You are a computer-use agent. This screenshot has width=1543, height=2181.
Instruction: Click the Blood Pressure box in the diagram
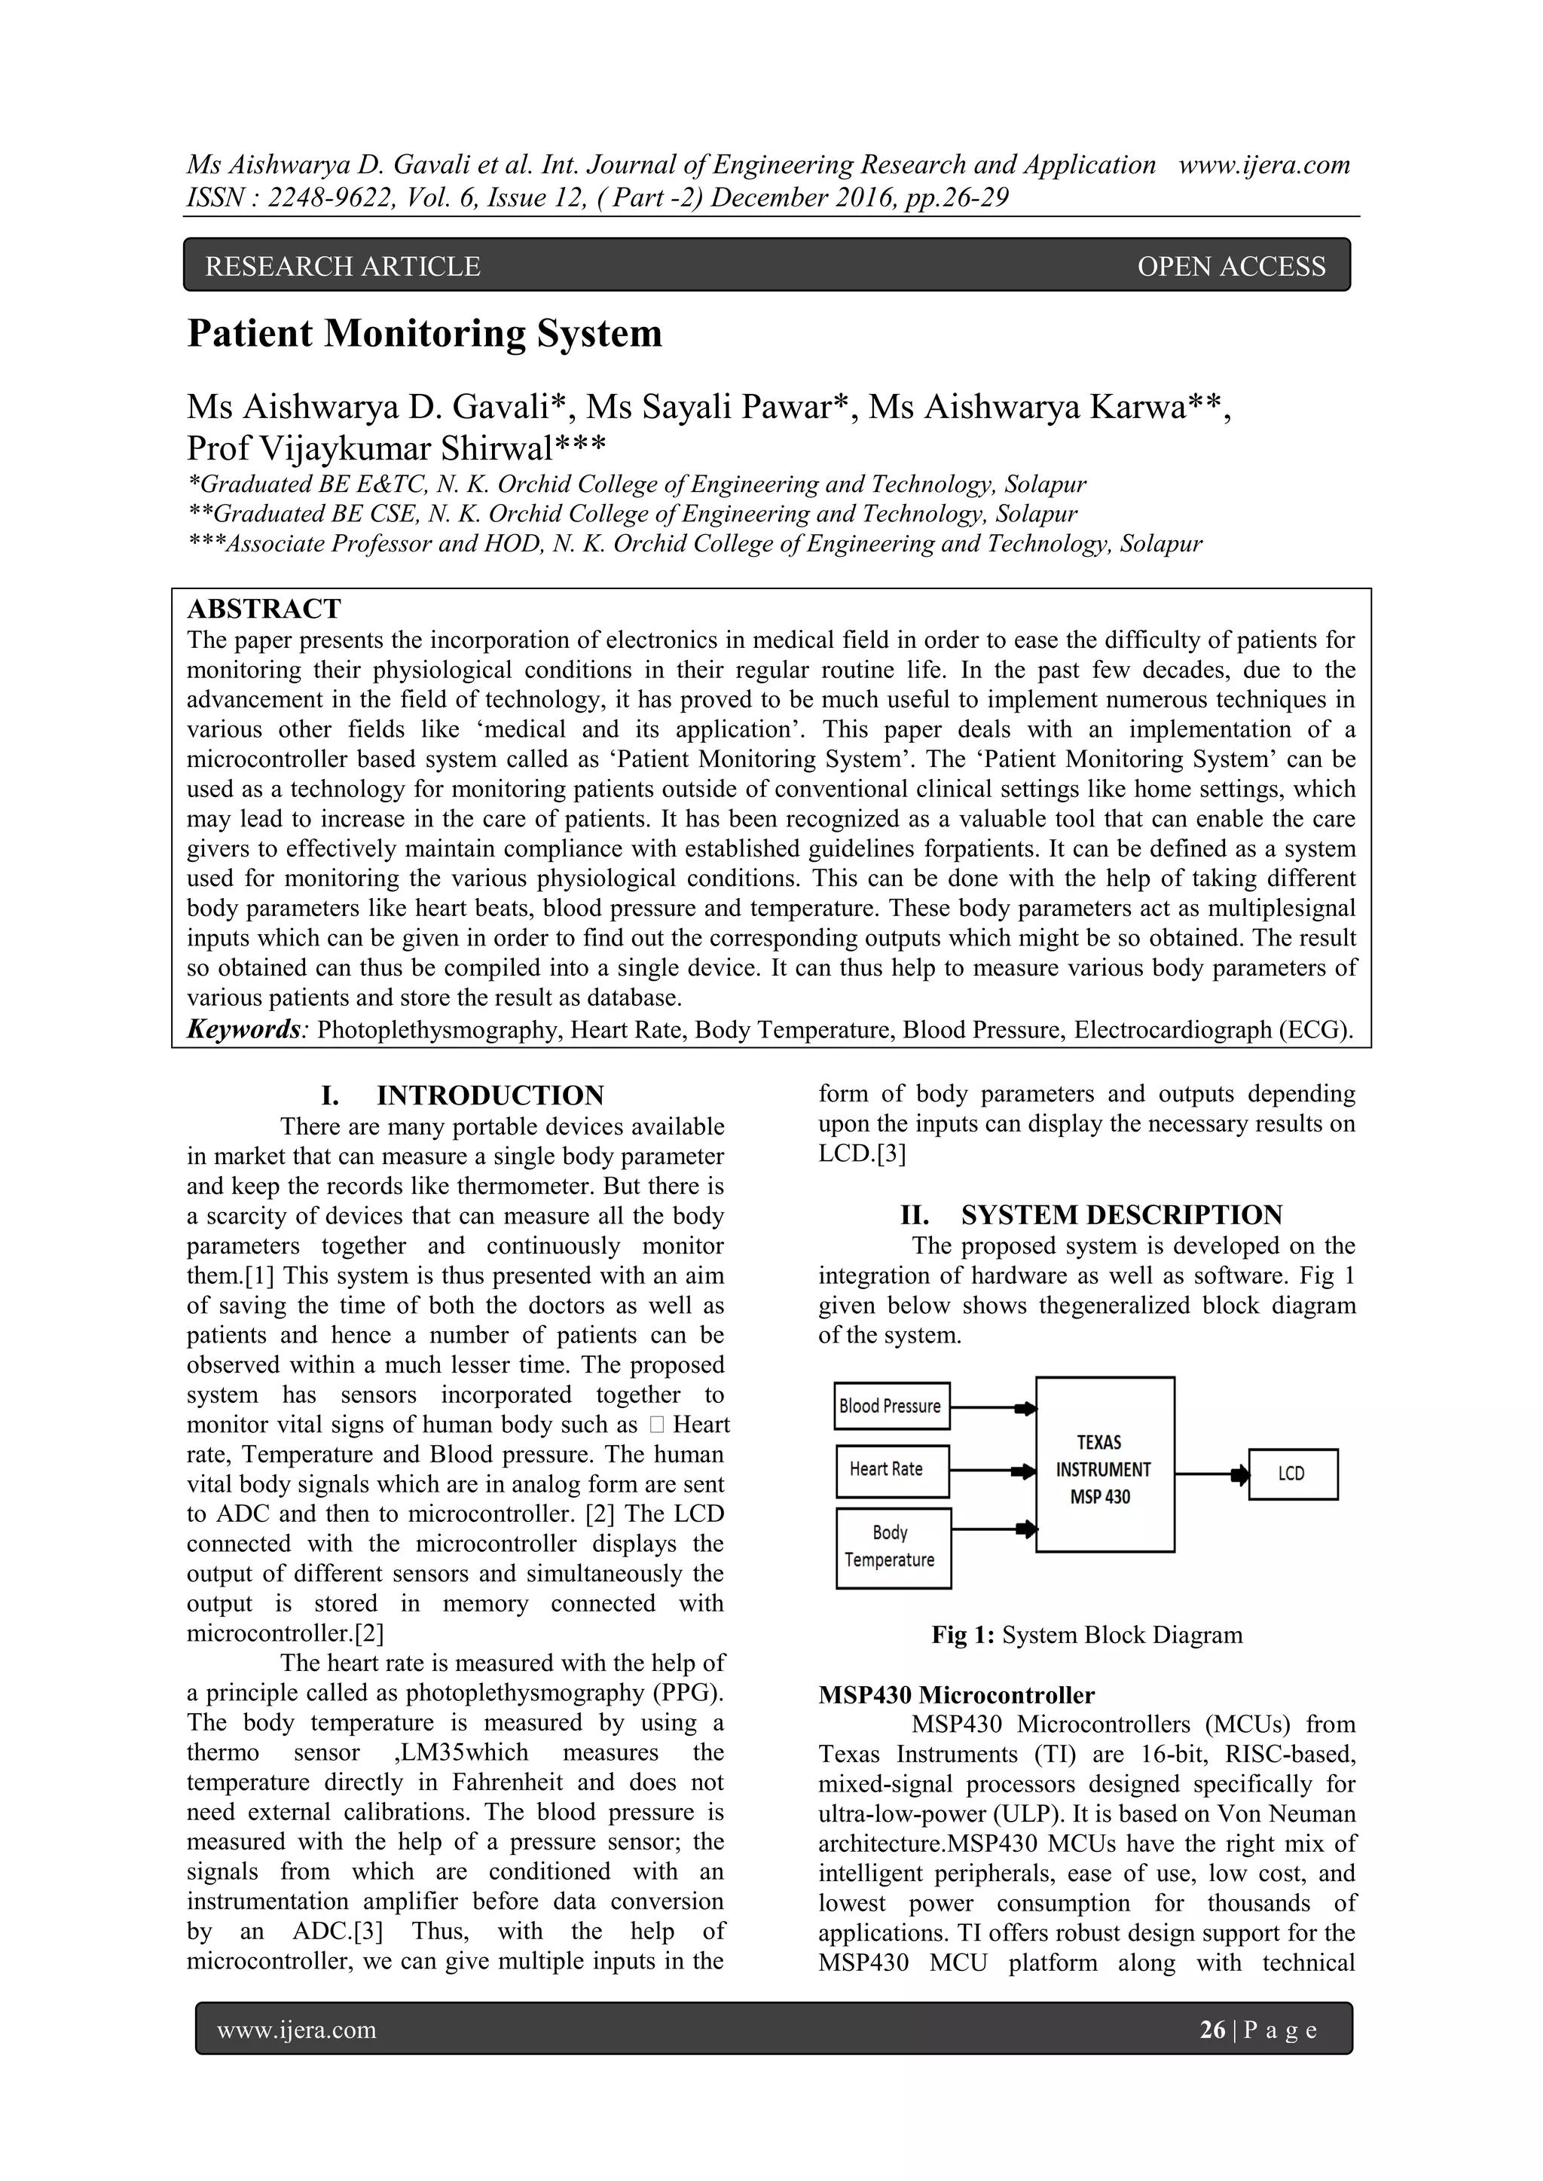(891, 1406)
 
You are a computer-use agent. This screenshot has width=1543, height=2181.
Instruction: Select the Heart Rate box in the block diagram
(891, 1470)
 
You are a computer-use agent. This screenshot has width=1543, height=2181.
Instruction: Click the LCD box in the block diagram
(1292, 1474)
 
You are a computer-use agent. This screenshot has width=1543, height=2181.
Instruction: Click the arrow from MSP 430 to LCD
(1211, 1475)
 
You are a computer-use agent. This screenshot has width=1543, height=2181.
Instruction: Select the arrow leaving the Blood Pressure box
(993, 1409)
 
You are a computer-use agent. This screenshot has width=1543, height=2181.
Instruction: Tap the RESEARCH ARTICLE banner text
(342, 267)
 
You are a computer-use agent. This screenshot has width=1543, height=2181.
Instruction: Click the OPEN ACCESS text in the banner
(1230, 267)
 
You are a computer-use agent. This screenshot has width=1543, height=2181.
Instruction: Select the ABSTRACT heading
(264, 609)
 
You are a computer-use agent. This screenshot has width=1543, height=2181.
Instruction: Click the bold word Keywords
(243, 1030)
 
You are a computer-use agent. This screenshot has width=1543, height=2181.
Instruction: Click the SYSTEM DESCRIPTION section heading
(1121, 1215)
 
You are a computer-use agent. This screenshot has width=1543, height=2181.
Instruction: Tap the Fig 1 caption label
(962, 1635)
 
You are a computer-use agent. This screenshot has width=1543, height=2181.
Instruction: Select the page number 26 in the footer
(1212, 2030)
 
